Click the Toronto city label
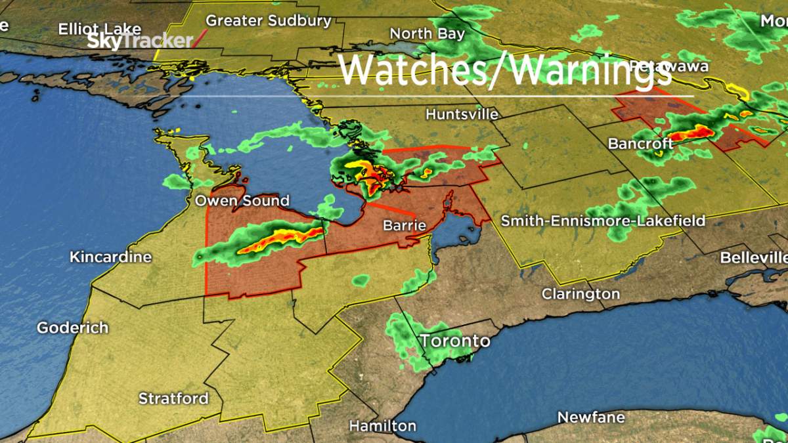pos(455,341)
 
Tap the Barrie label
pos(405,226)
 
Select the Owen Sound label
pos(242,201)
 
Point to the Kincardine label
pos(110,257)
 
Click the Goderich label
pos(72,327)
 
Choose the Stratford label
pos(173,398)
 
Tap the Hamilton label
pos(382,426)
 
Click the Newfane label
pos(590,417)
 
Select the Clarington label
pos(580,294)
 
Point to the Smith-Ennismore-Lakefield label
pos(603,221)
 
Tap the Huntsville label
pos(462,114)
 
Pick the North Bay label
pos(427,33)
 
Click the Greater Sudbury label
pos(269,21)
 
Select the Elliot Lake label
pos(99,29)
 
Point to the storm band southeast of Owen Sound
pos(276,239)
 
